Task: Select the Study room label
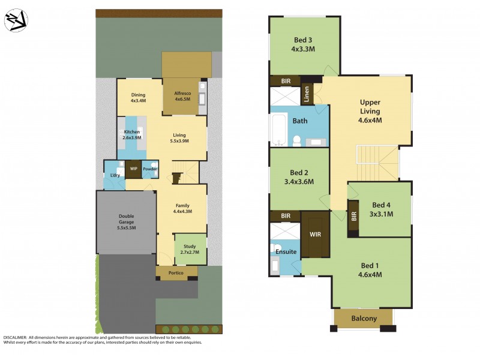click(189, 248)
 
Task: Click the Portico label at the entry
click(176, 273)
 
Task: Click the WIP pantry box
click(133, 169)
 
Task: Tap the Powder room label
click(149, 169)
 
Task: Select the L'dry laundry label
click(114, 175)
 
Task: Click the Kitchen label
click(132, 134)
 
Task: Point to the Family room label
click(182, 208)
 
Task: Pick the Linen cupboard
click(306, 94)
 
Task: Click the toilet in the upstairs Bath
click(296, 141)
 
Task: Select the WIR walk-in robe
click(315, 233)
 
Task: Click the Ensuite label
click(285, 251)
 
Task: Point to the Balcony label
click(364, 319)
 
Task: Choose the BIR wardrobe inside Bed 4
click(353, 215)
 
